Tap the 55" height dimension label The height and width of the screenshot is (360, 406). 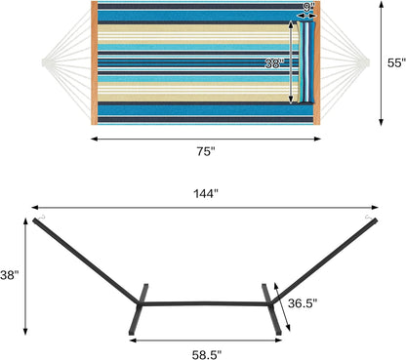[394, 62]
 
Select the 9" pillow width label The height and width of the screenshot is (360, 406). [308, 7]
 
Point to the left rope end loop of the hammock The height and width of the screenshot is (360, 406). [44, 64]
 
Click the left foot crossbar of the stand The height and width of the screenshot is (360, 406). [140, 307]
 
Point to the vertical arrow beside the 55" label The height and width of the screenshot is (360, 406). [380, 62]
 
